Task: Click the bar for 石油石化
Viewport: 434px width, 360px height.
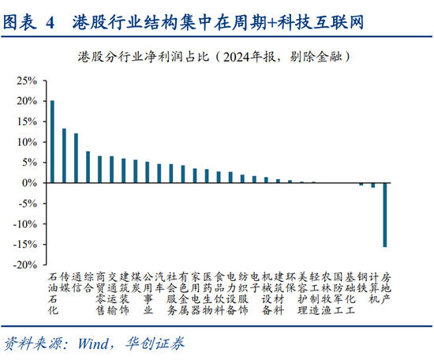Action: [53, 141]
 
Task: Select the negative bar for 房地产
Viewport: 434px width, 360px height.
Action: [386, 214]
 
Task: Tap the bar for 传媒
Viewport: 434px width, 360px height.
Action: [65, 156]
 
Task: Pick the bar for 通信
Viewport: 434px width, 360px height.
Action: [77, 158]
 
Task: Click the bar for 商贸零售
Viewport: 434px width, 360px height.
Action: [100, 169]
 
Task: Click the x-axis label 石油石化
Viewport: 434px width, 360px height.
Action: [53, 294]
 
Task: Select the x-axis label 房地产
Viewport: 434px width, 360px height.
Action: [386, 288]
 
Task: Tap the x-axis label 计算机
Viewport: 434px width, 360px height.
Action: [374, 288]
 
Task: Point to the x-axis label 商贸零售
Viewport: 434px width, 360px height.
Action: [100, 294]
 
